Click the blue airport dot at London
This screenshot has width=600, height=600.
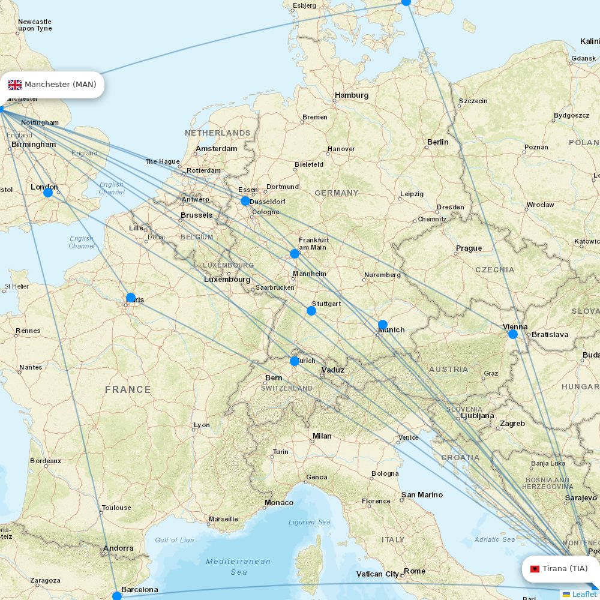tap(48, 193)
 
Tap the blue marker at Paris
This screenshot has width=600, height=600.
tap(131, 298)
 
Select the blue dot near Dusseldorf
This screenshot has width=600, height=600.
tap(245, 201)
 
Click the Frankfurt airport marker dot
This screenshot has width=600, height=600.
tap(295, 254)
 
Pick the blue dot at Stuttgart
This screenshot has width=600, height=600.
tap(311, 311)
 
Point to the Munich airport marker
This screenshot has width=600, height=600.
tap(383, 325)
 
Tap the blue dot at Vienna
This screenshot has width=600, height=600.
tap(513, 334)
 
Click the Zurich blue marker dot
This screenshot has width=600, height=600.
tap(295, 361)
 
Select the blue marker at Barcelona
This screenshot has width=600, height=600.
tap(117, 596)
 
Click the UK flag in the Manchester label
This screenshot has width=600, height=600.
tap(15, 85)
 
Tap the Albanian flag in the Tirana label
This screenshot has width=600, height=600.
tap(535, 569)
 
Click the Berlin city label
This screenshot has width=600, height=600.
tap(437, 142)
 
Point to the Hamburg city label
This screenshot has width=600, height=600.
tap(352, 95)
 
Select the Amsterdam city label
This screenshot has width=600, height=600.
tap(216, 149)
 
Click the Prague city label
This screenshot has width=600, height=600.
tap(469, 248)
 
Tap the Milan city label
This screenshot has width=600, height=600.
tap(322, 436)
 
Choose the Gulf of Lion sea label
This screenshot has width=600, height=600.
tap(175, 540)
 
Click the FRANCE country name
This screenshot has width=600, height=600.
tap(128, 389)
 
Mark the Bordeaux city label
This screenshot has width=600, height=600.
tap(46, 461)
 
